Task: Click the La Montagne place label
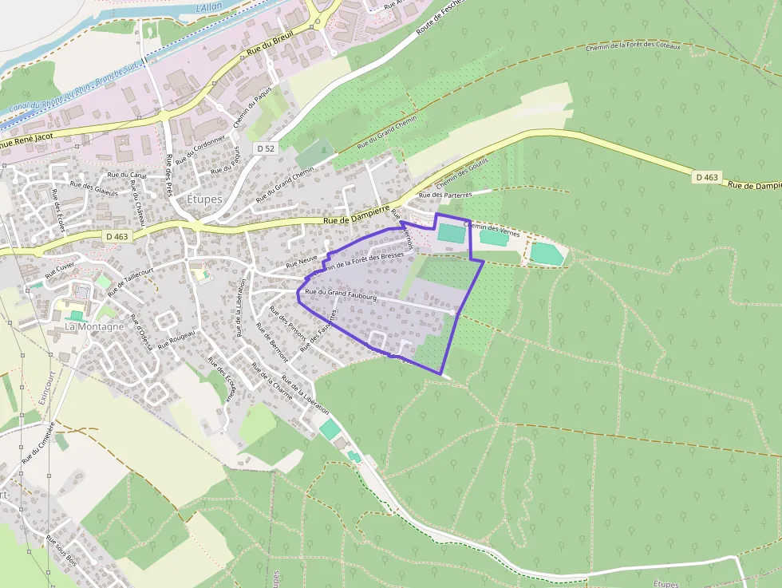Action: [94, 326]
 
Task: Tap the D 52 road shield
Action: [266, 148]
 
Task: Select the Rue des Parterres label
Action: [445, 194]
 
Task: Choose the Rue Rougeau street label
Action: [176, 340]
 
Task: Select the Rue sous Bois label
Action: [61, 550]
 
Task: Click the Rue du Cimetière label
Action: [38, 443]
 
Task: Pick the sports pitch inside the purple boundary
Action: [450, 234]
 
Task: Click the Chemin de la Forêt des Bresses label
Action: [360, 261]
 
